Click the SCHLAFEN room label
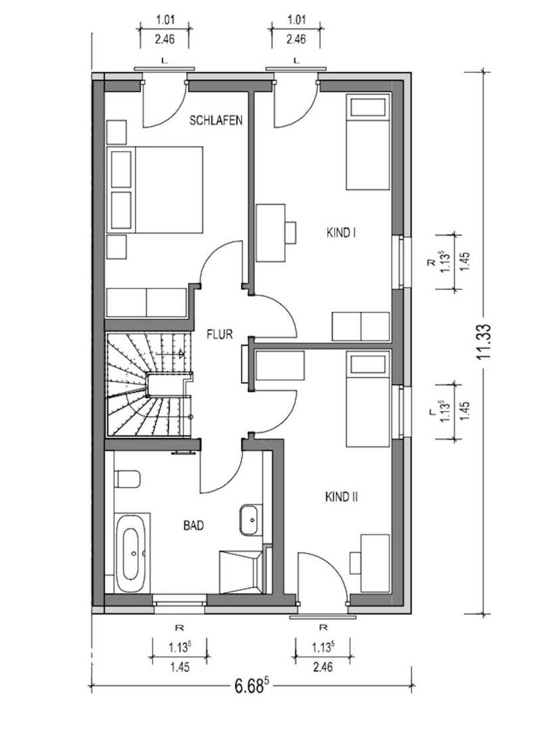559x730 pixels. point(216,120)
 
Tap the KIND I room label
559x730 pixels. point(341,233)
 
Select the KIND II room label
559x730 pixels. point(341,497)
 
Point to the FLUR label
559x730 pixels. point(219,334)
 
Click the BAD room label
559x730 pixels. point(193,526)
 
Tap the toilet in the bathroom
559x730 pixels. point(127,479)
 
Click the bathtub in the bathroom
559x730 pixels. point(132,553)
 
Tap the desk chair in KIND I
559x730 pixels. point(291,232)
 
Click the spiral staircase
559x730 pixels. point(149,385)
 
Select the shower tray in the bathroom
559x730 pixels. point(241,572)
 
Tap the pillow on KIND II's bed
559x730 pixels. point(368,364)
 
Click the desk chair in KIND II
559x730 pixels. point(355,563)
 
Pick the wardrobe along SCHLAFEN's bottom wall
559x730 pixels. point(147,303)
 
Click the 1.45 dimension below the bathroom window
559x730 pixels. point(180,667)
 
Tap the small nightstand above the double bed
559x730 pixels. point(116,132)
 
